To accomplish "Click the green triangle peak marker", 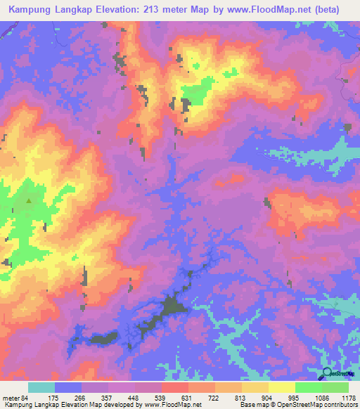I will click(x=29, y=200).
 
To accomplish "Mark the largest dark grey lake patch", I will click(x=172, y=307).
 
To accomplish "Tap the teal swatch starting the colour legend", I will click(x=41, y=387).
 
